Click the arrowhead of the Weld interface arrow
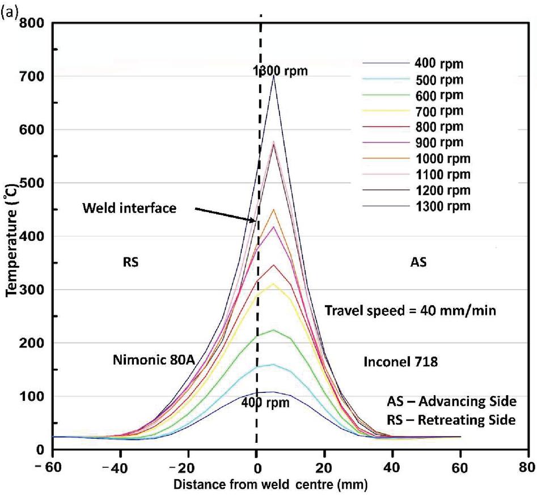coord(255,221)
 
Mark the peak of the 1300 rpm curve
coord(274,76)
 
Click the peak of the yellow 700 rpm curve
coord(274,284)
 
